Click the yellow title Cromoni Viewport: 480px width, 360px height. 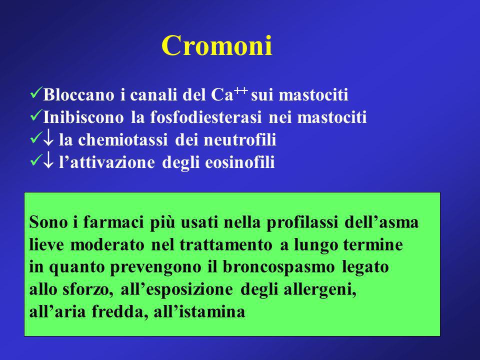216,45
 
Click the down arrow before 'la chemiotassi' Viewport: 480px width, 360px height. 48,139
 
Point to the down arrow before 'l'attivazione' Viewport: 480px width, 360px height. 48,162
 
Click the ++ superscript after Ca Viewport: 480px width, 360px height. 240,90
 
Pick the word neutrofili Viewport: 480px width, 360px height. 240,140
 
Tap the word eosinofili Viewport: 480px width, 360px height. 239,162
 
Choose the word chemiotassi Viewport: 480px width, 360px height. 123,140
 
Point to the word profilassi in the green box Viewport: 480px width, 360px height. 302,222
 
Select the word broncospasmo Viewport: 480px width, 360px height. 278,266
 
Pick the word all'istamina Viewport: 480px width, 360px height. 199,311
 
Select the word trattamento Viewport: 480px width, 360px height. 225,244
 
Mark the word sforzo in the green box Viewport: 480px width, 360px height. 86,289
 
